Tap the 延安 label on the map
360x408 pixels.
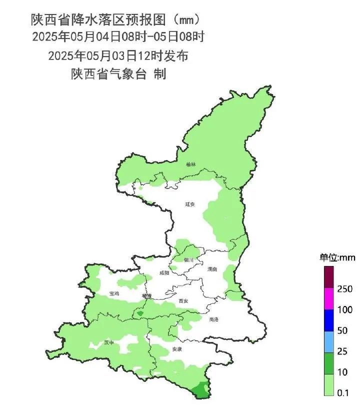pos(189,204)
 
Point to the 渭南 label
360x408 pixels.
pos(212,269)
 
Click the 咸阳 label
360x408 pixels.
pos(164,273)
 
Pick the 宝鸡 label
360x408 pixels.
pos(114,293)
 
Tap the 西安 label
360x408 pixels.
pos(183,301)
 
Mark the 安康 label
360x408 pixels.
pos(176,349)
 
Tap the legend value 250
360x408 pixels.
pos(345,289)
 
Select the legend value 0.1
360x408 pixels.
pos(342,393)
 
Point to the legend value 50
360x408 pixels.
pos(342,330)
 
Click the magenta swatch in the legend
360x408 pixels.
pos(328,299)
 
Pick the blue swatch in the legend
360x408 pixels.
pos(328,320)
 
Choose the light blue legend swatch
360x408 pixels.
pos(328,341)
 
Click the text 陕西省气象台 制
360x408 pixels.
pos(118,74)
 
